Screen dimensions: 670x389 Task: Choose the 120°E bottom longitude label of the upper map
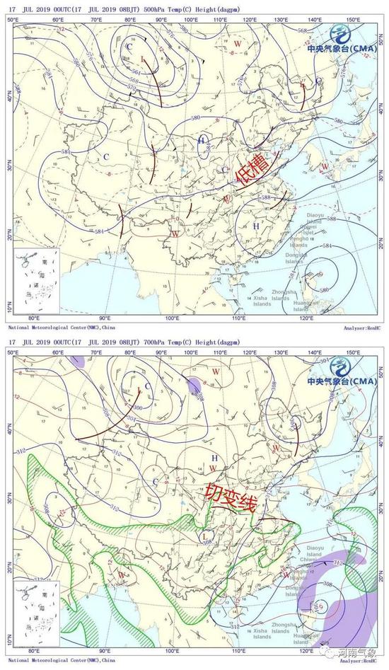point(306,318)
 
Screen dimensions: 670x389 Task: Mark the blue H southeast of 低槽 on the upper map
point(256,226)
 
